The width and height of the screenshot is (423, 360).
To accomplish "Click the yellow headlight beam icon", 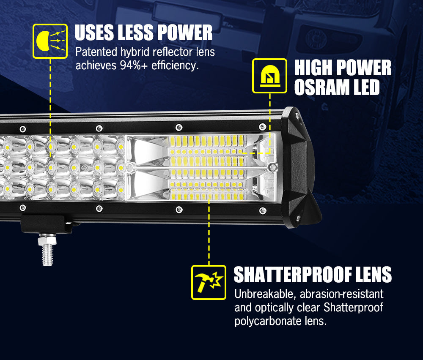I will tap(50, 41).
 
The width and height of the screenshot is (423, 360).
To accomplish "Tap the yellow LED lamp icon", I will tap(269, 76).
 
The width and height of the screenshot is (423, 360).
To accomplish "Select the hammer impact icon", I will tap(209, 282).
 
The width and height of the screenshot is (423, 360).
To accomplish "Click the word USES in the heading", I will tap(95, 33).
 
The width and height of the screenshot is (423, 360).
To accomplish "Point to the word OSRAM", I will tap(321, 88).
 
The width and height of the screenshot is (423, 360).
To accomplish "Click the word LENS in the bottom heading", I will tap(373, 275).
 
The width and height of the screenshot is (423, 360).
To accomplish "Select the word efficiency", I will tap(177, 65).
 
